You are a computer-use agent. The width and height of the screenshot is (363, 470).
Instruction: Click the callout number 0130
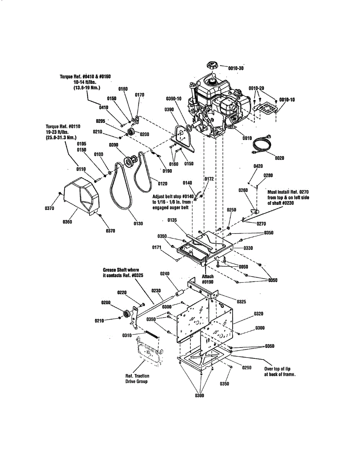tap(138, 223)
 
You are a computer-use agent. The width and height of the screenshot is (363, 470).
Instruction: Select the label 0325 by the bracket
tap(242, 302)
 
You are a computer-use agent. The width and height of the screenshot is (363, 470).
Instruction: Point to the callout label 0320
tap(258, 314)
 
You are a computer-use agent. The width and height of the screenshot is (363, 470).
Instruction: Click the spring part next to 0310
tap(152, 334)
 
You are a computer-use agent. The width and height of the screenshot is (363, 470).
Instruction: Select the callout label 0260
tap(244, 190)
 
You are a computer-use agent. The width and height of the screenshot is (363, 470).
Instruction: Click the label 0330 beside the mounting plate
tap(248, 248)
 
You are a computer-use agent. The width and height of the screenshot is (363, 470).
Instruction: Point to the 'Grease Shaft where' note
tap(121, 270)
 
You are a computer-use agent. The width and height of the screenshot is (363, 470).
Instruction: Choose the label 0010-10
tap(287, 100)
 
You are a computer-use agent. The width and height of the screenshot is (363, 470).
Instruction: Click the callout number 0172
tap(209, 179)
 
